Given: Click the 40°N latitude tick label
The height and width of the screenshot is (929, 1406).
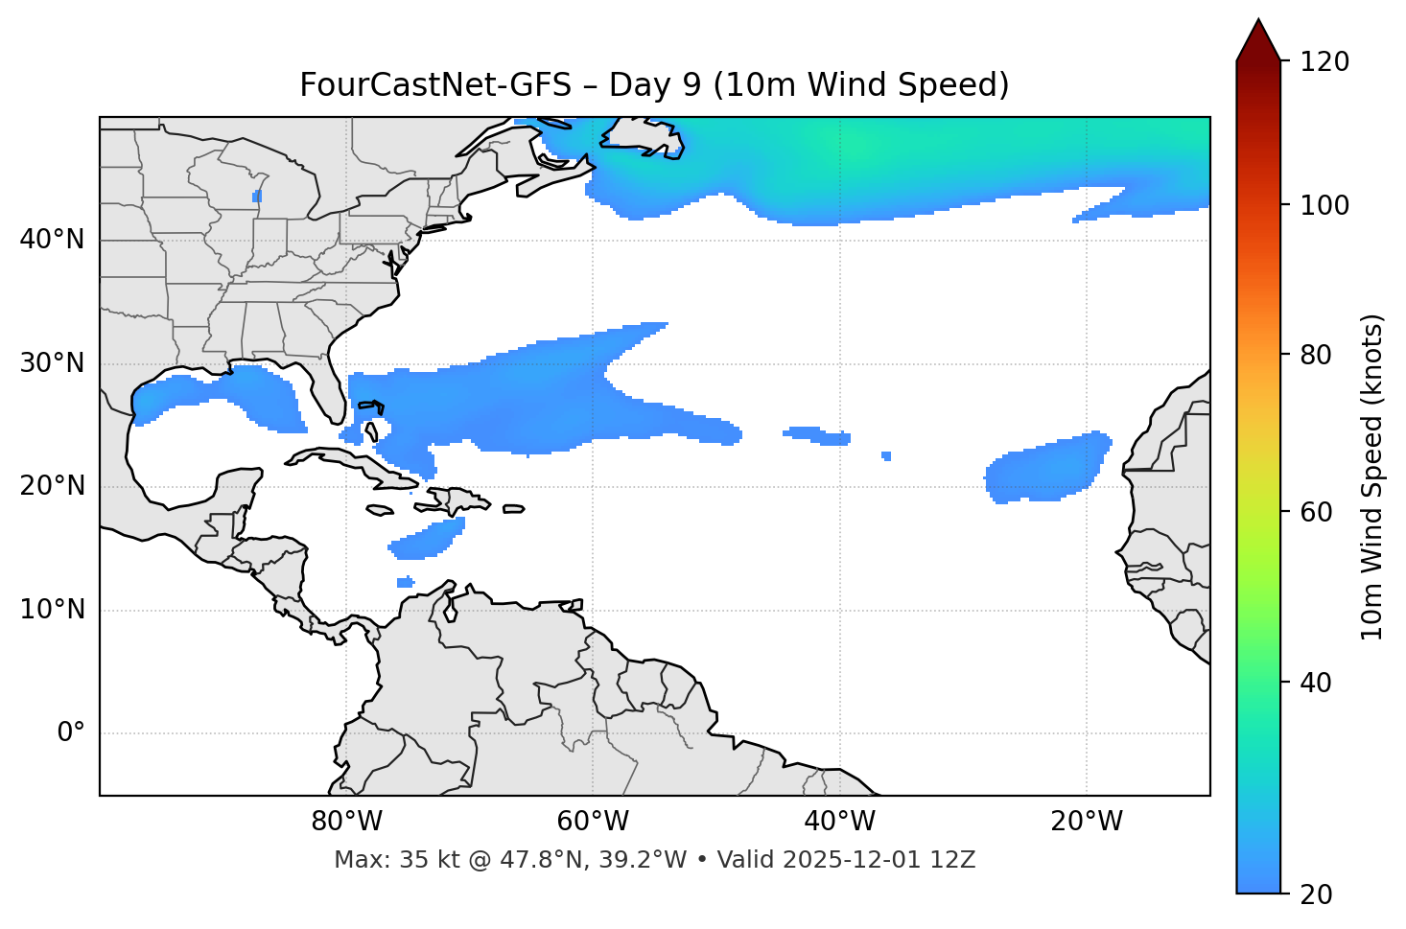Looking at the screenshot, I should click(x=52, y=240).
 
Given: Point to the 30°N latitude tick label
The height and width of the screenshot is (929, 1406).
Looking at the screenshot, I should click(x=52, y=363).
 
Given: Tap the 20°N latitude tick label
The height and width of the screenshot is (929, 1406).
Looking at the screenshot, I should click(x=52, y=486).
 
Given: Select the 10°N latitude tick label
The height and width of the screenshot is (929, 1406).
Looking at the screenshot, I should click(x=52, y=610).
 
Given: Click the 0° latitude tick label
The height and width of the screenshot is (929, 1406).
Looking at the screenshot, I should click(x=71, y=733).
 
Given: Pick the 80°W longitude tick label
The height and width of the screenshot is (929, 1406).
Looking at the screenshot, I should click(x=346, y=822).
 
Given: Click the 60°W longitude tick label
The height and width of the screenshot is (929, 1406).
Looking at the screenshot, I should click(x=593, y=822).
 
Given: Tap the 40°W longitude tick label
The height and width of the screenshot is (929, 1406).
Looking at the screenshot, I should click(x=839, y=822).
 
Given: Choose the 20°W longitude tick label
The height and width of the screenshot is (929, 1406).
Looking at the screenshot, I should click(x=1086, y=822).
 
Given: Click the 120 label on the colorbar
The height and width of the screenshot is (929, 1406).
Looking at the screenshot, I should click(x=1324, y=62).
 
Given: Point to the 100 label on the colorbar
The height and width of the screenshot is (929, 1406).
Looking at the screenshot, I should click(x=1324, y=205).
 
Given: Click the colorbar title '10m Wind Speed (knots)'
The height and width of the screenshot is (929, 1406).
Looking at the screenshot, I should click(x=1372, y=476).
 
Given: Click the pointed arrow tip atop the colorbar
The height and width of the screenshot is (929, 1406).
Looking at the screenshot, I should click(x=1258, y=21).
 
